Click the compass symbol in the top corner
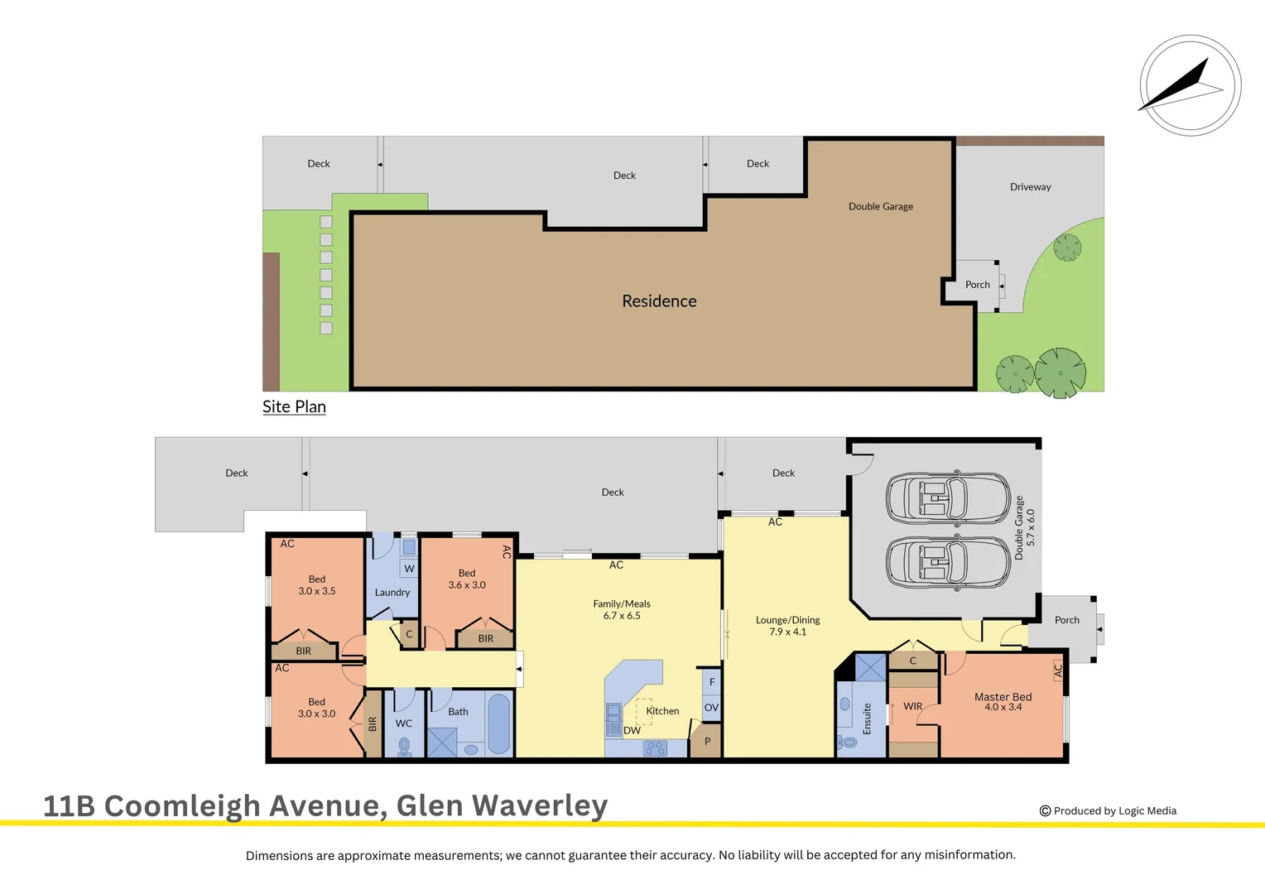[1190, 85]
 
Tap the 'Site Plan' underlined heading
[294, 406]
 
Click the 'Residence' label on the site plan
[659, 301]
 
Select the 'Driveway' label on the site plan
[1030, 187]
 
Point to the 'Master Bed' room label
[1003, 697]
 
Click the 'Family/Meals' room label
[622, 604]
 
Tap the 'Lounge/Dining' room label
[787, 620]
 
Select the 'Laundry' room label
[392, 593]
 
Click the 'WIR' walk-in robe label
[912, 706]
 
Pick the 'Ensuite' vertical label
[867, 719]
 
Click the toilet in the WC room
[404, 747]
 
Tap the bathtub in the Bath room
[499, 723]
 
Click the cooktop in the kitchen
[655, 748]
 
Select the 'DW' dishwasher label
[632, 730]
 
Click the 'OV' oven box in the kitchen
[711, 708]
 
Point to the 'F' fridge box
[711, 682]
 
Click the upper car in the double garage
[947, 499]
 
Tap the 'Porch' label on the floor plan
[1066, 620]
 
